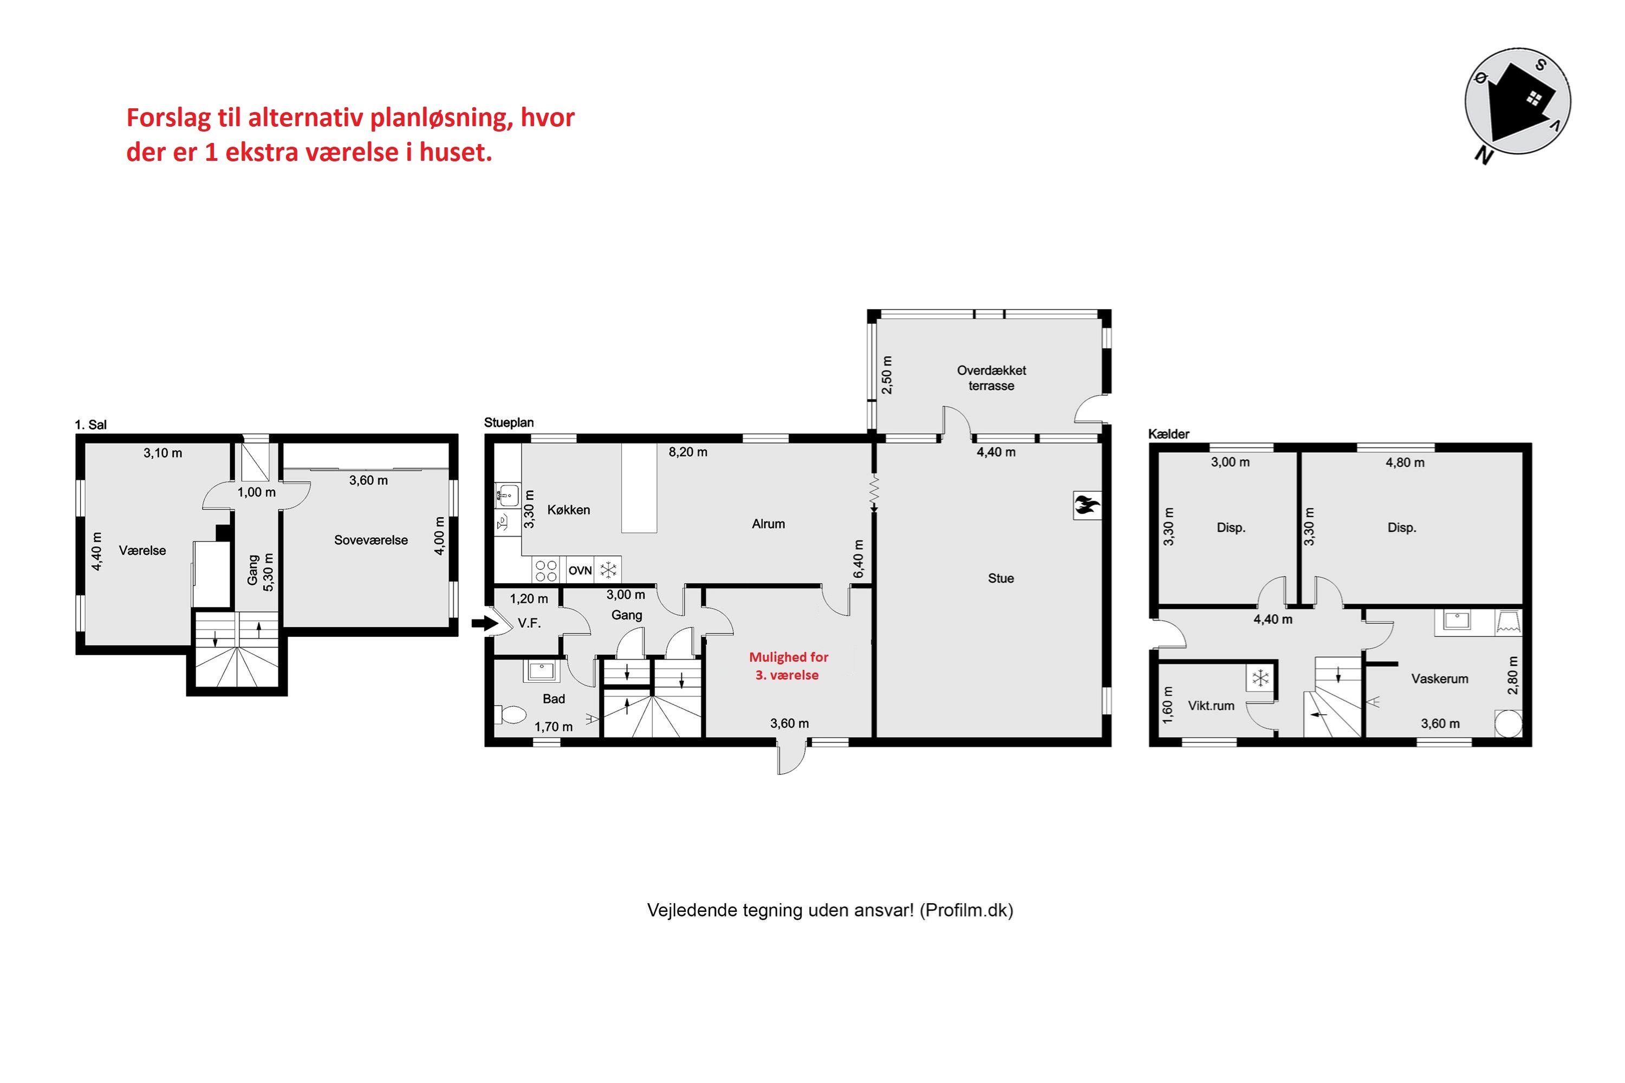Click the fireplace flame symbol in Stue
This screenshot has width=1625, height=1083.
pos(1086,506)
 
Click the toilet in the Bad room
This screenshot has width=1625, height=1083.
pos(511,714)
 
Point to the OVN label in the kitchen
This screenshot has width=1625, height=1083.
pos(580,571)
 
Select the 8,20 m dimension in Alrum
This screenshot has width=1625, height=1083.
pos(687,452)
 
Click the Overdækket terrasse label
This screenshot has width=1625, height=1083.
pos(991,378)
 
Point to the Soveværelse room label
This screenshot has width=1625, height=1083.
pos(370,540)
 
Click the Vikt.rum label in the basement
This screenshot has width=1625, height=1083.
pos(1211,706)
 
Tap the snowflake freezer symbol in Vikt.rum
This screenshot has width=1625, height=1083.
pos(1260,679)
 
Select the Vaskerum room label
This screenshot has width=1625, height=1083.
pos(1439,679)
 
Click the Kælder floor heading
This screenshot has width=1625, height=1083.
pos(1168,434)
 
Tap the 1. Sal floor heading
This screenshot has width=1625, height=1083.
pos(90,425)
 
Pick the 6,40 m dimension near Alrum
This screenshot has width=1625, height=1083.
pos(859,559)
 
